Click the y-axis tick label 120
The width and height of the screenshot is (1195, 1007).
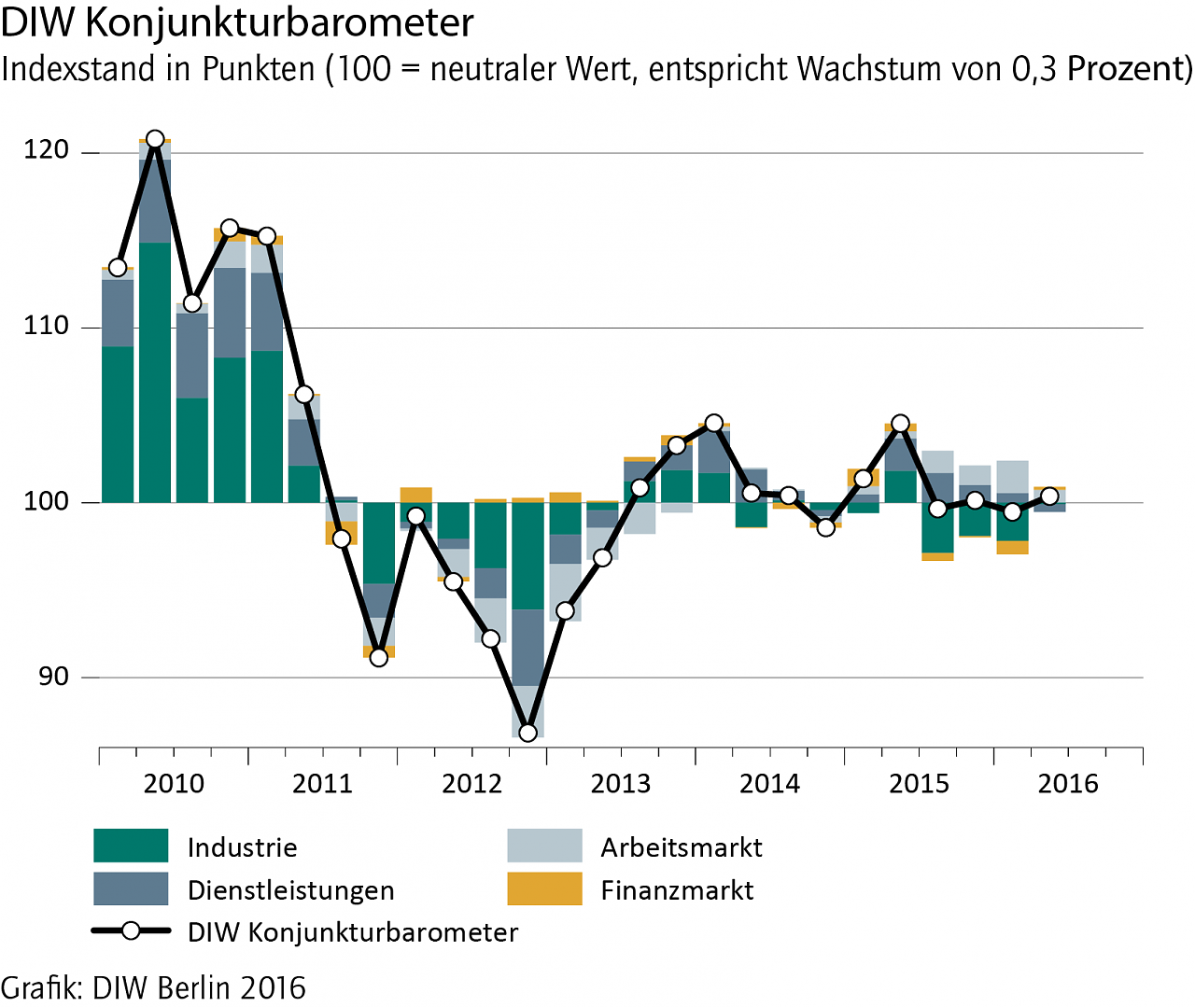[x=47, y=150]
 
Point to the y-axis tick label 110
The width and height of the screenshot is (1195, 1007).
[x=47, y=326]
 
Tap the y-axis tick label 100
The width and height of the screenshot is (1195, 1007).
[x=47, y=501]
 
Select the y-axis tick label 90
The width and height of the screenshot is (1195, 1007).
[x=54, y=676]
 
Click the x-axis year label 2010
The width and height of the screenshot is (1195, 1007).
[x=174, y=783]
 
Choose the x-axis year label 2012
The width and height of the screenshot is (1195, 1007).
[x=471, y=783]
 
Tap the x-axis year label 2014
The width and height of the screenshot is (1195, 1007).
[x=769, y=783]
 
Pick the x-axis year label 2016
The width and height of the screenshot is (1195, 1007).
[x=1068, y=783]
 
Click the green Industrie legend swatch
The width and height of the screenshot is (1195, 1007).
[x=131, y=846]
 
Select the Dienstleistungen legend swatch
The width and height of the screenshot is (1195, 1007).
[x=131, y=888]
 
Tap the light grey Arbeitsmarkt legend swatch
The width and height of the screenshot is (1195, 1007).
[x=544, y=846]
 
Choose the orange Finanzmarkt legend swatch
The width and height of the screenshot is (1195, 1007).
[x=544, y=888]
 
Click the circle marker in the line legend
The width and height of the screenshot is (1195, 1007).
[x=131, y=930]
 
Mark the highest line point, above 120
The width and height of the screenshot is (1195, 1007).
[x=155, y=140]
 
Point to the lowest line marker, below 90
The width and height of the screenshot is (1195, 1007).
[x=527, y=733]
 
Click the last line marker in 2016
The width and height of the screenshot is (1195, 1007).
[x=1049, y=496]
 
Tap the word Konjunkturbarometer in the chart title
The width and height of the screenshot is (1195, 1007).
[x=279, y=22]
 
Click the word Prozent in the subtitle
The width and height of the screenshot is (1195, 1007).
[x=1127, y=69]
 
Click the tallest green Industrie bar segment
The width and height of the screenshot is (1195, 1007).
[x=155, y=371]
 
